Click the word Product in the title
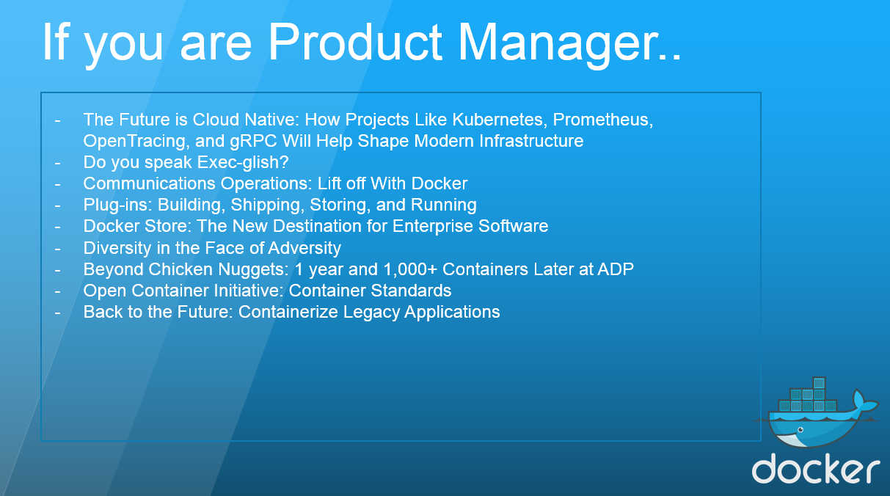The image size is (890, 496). tap(355, 42)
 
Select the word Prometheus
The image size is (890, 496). tap(602, 119)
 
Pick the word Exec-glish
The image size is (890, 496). tap(243, 163)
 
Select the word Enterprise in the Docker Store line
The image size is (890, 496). tap(433, 227)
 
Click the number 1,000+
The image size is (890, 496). tap(410, 269)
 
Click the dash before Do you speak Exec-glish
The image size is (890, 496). tap(58, 163)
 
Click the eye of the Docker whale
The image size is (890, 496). tap(800, 430)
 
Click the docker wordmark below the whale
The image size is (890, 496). tap(815, 469)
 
